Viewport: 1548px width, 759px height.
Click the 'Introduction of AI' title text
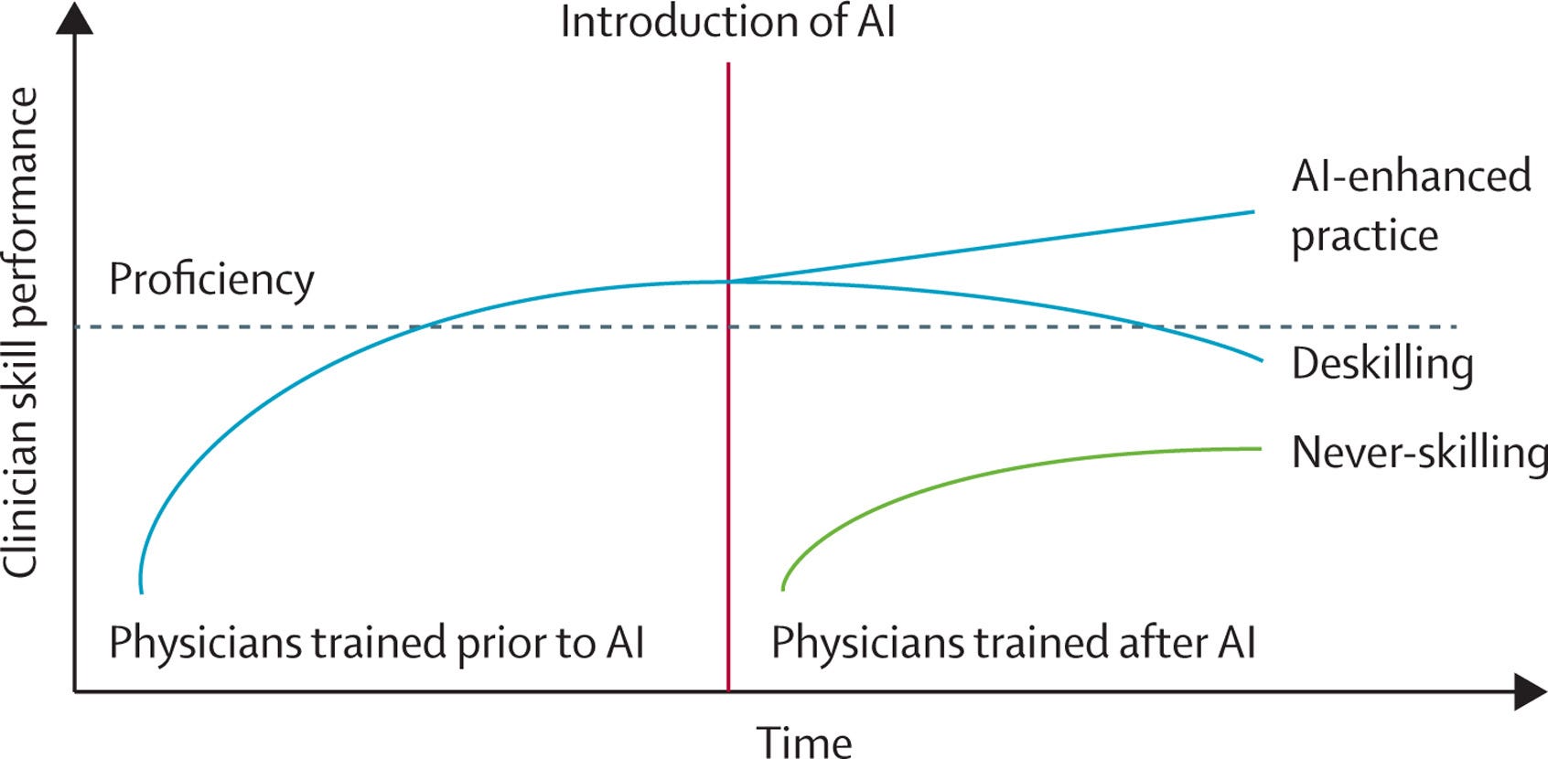(x=727, y=22)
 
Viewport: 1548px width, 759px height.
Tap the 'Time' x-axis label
(x=803, y=740)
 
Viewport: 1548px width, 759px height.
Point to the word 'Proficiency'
(x=211, y=279)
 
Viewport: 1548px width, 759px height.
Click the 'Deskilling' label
(x=1381, y=364)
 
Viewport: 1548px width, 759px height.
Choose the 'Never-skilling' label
(x=1418, y=453)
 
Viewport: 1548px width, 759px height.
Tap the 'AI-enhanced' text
(x=1411, y=176)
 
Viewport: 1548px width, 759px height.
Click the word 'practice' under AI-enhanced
(x=1364, y=236)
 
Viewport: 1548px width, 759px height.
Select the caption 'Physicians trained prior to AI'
(x=377, y=642)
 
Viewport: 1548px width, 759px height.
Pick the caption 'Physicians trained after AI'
(x=1013, y=642)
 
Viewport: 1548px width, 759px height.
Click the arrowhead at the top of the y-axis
(x=74, y=18)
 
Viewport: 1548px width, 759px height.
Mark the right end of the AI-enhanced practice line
(x=1252, y=212)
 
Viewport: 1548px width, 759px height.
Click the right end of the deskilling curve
(x=1261, y=360)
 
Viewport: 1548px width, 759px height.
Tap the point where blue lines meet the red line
(x=728, y=281)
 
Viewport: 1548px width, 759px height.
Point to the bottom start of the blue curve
(x=141, y=592)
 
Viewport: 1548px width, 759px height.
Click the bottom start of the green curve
(x=783, y=588)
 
